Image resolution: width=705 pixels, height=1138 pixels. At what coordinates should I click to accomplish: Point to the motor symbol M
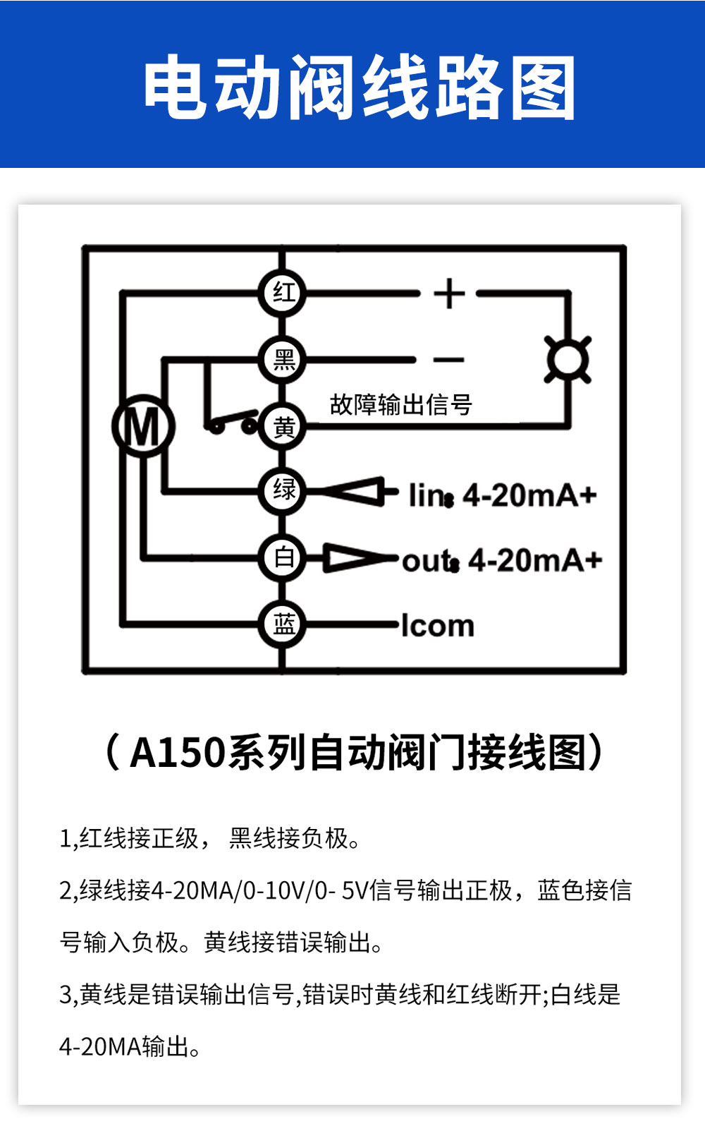144,426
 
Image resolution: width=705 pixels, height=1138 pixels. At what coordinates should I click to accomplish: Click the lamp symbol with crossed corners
568,360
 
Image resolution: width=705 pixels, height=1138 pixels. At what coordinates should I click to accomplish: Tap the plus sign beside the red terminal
449,293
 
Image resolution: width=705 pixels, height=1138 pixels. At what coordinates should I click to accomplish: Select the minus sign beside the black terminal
449,360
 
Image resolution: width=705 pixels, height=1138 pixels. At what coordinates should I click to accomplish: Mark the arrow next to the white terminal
360,558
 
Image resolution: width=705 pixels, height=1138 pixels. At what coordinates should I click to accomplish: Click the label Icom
438,625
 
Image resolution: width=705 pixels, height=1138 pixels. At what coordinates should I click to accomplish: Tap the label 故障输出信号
401,405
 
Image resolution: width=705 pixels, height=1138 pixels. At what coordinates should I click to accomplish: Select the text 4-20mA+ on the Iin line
529,495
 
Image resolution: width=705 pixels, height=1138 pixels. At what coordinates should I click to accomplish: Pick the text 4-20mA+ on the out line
535,560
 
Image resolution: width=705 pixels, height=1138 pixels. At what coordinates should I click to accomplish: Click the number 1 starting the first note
65,838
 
